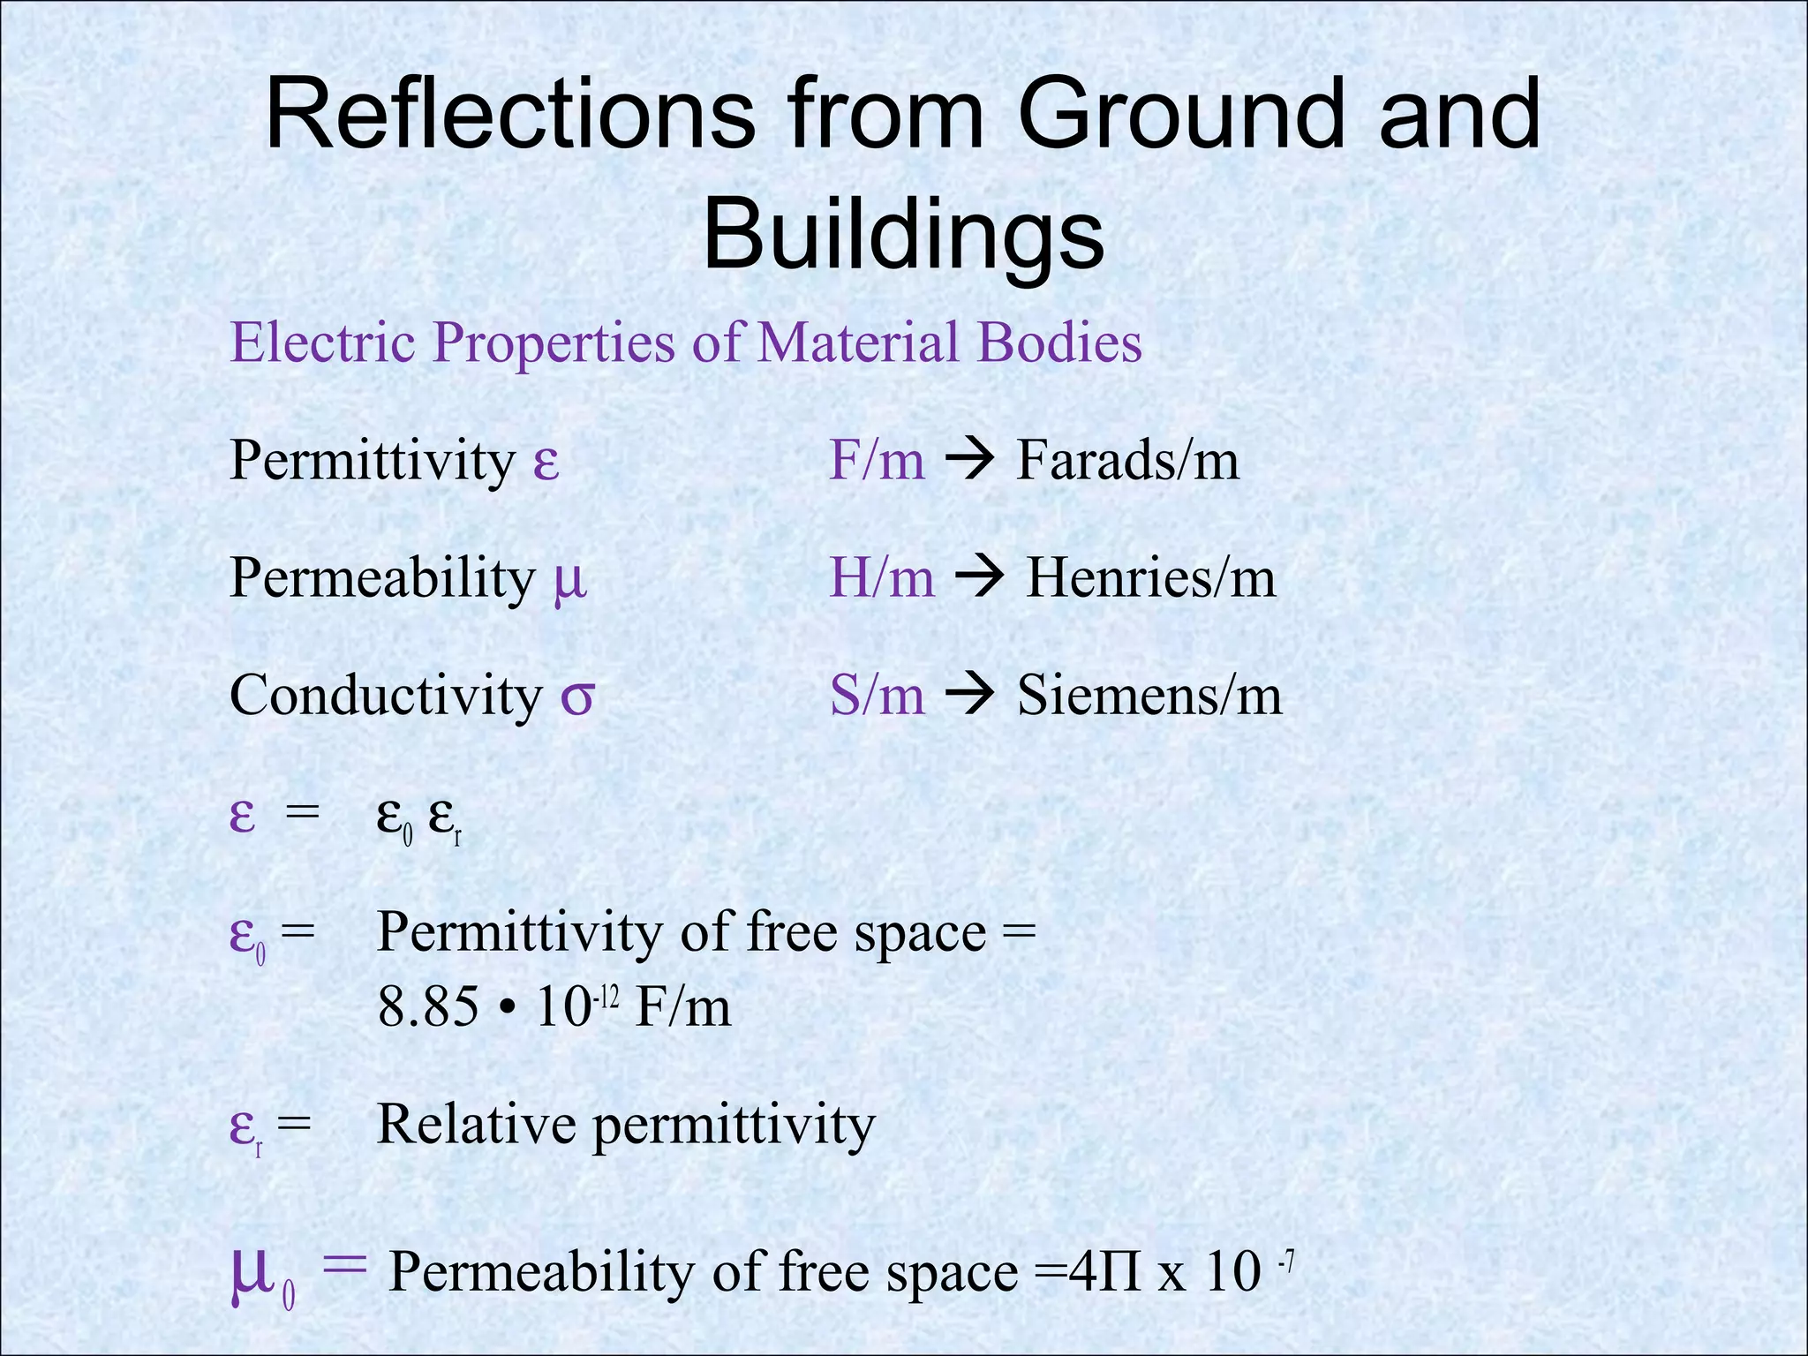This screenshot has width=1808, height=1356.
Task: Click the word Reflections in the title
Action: point(509,116)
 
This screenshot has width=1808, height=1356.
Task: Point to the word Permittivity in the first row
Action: point(372,461)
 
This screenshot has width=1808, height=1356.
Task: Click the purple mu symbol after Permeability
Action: point(569,581)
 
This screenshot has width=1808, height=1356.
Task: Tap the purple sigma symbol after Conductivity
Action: point(577,697)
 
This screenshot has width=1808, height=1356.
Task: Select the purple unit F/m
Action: point(877,461)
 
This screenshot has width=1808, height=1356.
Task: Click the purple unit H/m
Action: point(881,579)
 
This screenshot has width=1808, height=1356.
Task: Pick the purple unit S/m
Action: point(877,696)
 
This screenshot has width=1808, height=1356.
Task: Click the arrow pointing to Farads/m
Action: point(970,461)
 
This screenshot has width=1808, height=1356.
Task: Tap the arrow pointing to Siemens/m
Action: point(970,696)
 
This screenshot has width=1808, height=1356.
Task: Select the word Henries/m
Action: point(1150,579)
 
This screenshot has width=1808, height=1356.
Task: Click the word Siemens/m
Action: point(1149,696)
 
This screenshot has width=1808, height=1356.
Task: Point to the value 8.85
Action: point(427,1007)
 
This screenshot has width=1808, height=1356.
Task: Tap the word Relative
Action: point(476,1125)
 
